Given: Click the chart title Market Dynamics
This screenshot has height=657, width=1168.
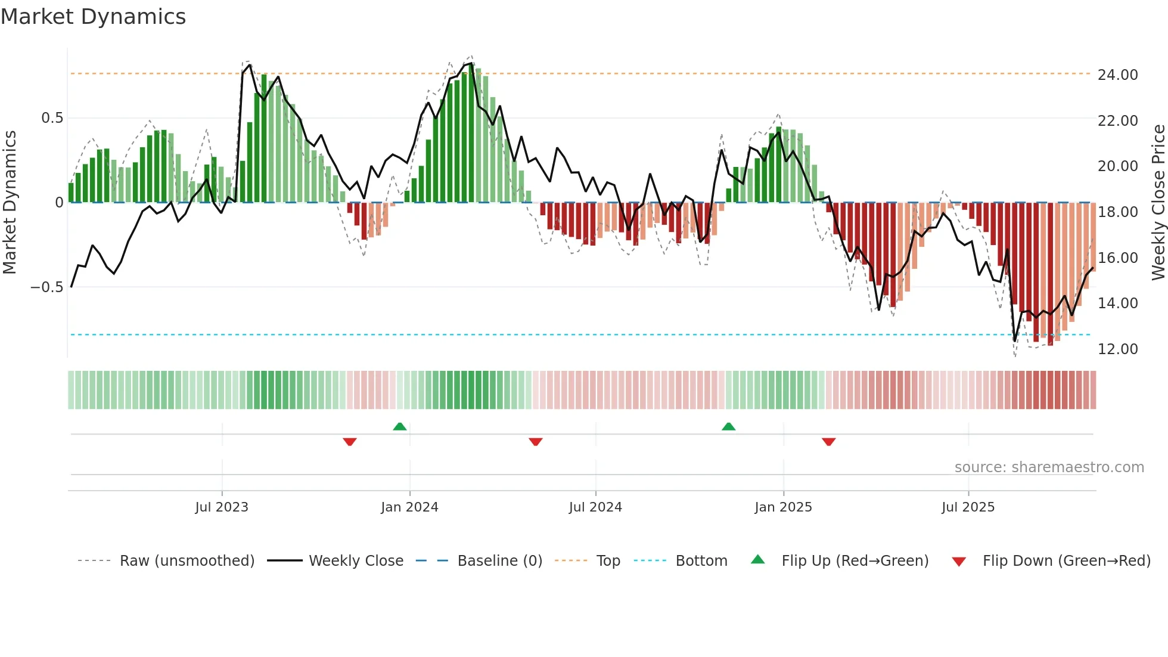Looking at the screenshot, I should (93, 17).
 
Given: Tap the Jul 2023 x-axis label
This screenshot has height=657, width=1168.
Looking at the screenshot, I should (222, 507).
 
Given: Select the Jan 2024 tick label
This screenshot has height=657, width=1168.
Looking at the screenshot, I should (409, 507).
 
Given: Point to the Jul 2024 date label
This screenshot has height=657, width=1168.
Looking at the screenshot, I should (595, 507).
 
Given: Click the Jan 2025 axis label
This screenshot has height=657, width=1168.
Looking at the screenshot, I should (783, 507).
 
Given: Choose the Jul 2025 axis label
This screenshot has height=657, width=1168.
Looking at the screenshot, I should (968, 507).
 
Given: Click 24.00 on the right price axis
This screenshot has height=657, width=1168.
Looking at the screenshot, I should (1117, 75).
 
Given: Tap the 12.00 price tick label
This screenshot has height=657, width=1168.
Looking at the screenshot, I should (1117, 349).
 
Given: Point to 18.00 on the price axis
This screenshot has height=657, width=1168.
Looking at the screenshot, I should (1117, 212).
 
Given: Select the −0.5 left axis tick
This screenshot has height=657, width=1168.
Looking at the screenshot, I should (47, 287).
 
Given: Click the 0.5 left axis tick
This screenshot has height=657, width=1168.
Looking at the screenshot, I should (52, 118).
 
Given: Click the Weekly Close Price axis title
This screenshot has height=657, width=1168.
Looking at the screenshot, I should (1158, 203).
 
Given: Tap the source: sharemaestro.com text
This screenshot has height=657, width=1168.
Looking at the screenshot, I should (1049, 467).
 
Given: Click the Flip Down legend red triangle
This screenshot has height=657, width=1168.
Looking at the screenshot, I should (959, 562).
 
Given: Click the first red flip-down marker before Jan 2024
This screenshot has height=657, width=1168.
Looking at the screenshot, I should (350, 442).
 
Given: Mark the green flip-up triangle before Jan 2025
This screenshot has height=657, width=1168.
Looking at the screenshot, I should (728, 426).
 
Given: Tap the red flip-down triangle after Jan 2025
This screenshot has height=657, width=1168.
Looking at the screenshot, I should (828, 442).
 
